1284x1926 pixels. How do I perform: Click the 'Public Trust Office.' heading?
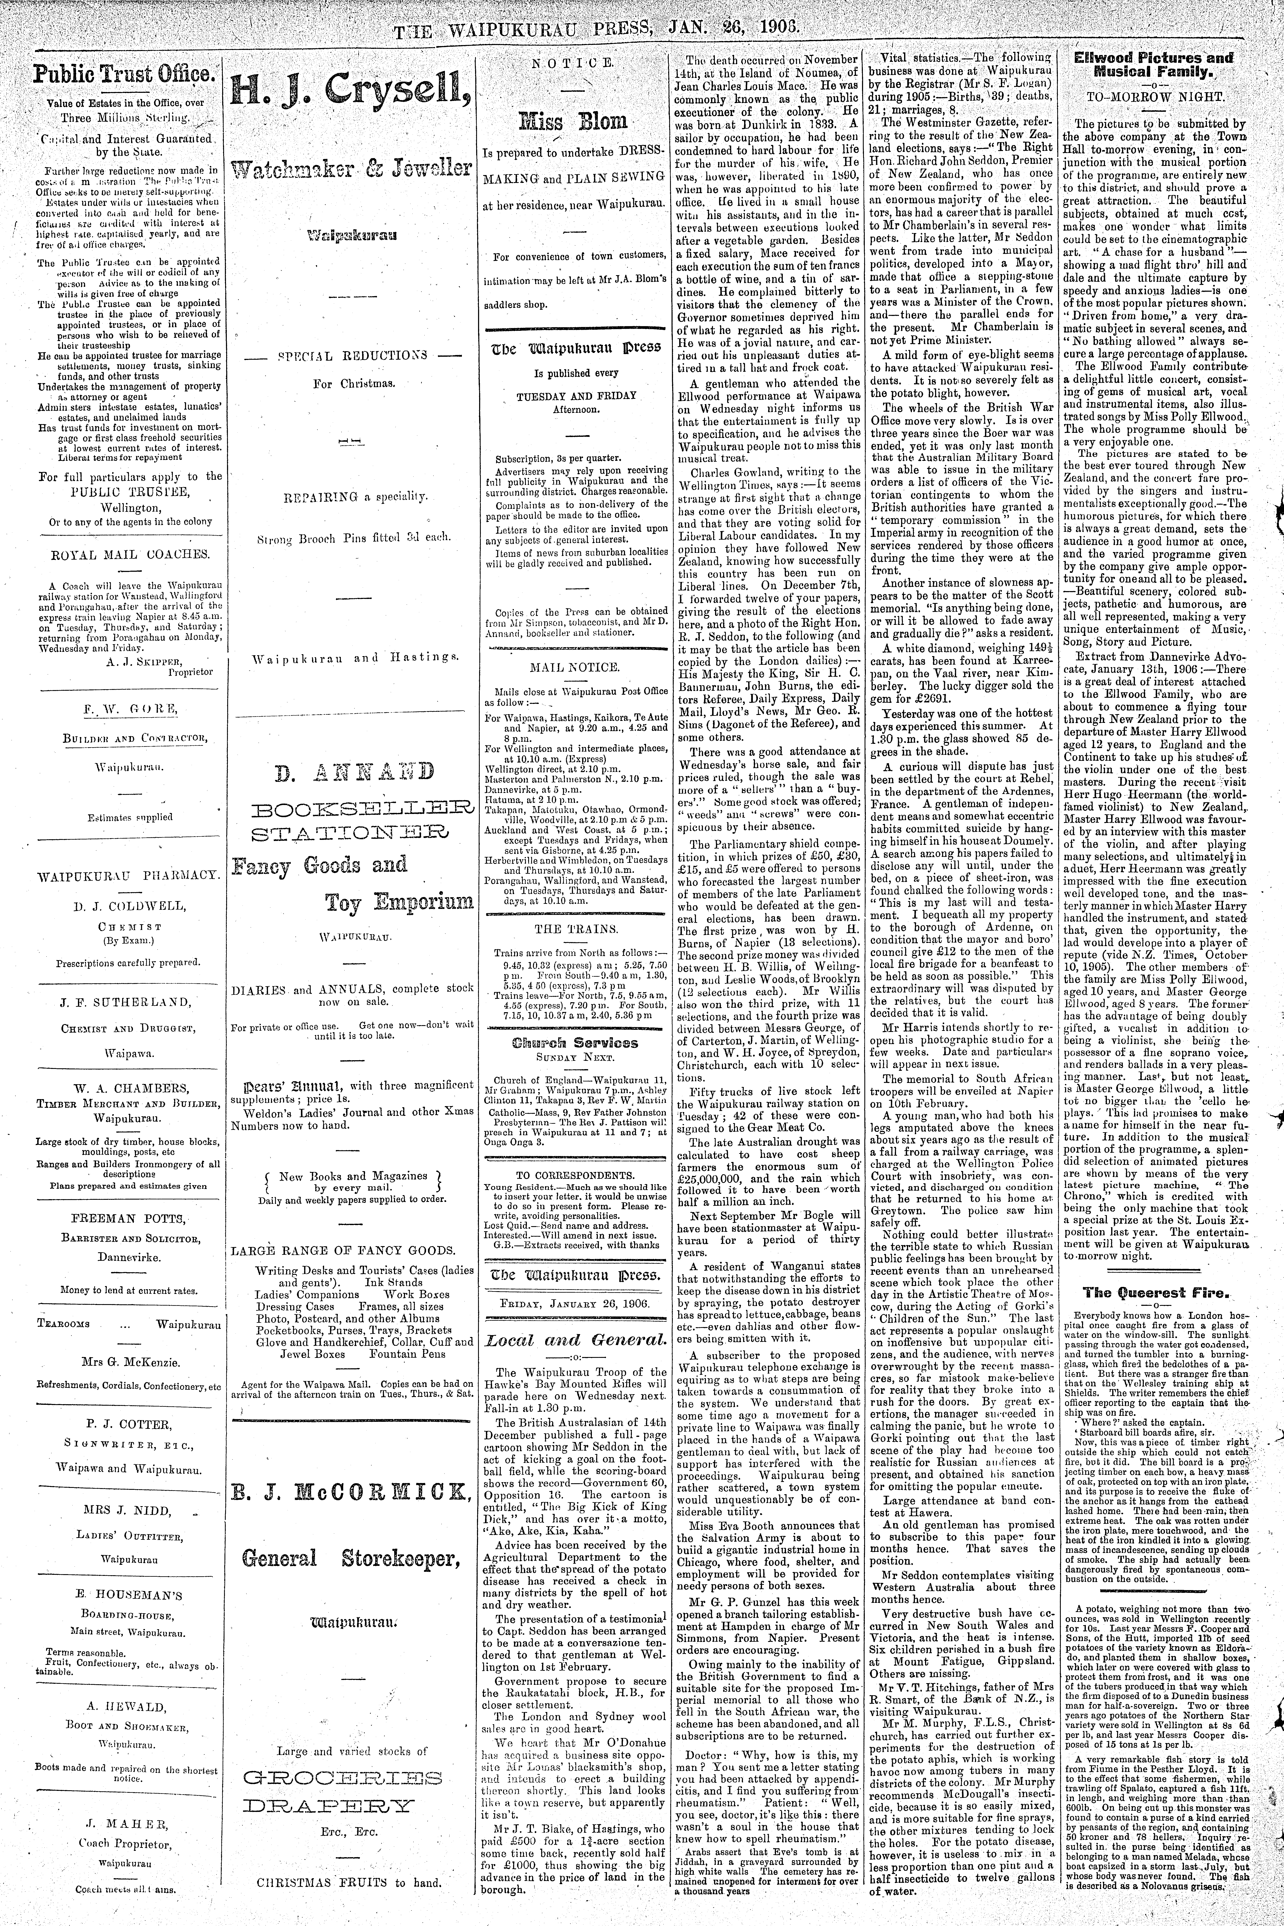(123, 77)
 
